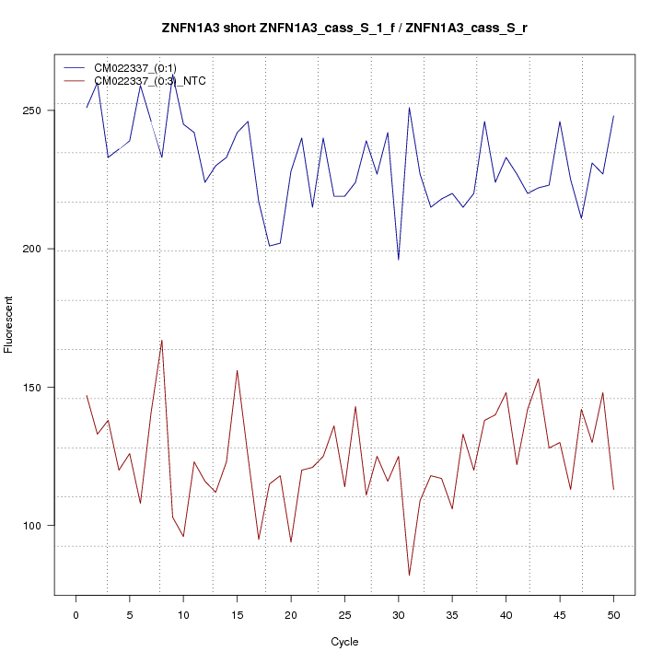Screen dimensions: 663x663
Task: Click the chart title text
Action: pyautogui.click(x=344, y=29)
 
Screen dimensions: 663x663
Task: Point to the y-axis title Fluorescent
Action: pyautogui.click(x=10, y=324)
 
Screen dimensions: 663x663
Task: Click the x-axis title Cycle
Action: pyautogui.click(x=343, y=642)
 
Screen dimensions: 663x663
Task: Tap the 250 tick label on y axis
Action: pyautogui.click(x=38, y=110)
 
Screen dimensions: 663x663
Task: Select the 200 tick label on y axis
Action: pyautogui.click(x=38, y=249)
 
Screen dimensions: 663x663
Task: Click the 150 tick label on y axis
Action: pyautogui.click(x=38, y=388)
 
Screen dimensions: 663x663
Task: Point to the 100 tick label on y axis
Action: pyautogui.click(x=38, y=526)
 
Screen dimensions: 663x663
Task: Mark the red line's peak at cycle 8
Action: pyautogui.click(x=162, y=340)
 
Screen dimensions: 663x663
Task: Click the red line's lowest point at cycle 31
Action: pyautogui.click(x=409, y=576)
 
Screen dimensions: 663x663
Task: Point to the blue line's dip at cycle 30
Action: pyautogui.click(x=399, y=260)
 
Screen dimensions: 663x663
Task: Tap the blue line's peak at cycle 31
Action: pyautogui.click(x=409, y=108)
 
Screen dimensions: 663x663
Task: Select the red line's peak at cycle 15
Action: pyautogui.click(x=237, y=370)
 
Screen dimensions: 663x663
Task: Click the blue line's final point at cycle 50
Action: pyautogui.click(x=613, y=116)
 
